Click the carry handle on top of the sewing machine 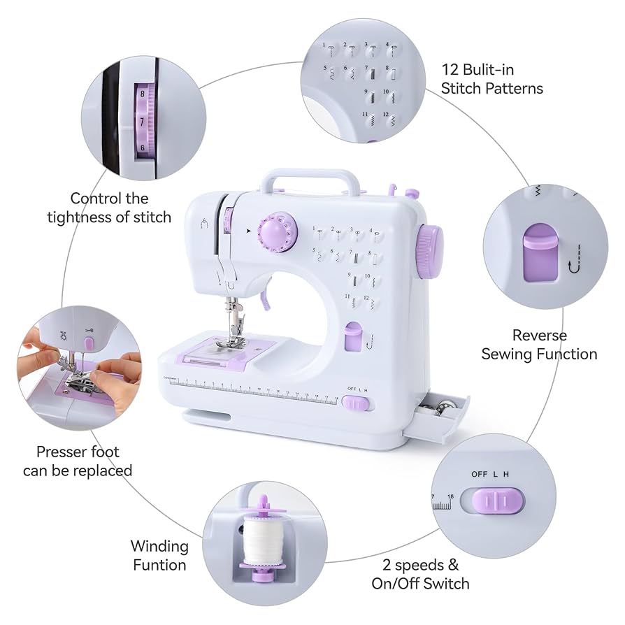click(312, 173)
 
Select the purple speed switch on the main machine click(357, 403)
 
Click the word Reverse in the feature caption click(539, 336)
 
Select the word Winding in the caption click(159, 546)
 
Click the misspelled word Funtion click(159, 565)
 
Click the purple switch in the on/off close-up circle click(497, 501)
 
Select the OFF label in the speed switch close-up click(480, 474)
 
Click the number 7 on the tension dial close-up click(142, 122)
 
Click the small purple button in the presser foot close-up click(89, 343)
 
